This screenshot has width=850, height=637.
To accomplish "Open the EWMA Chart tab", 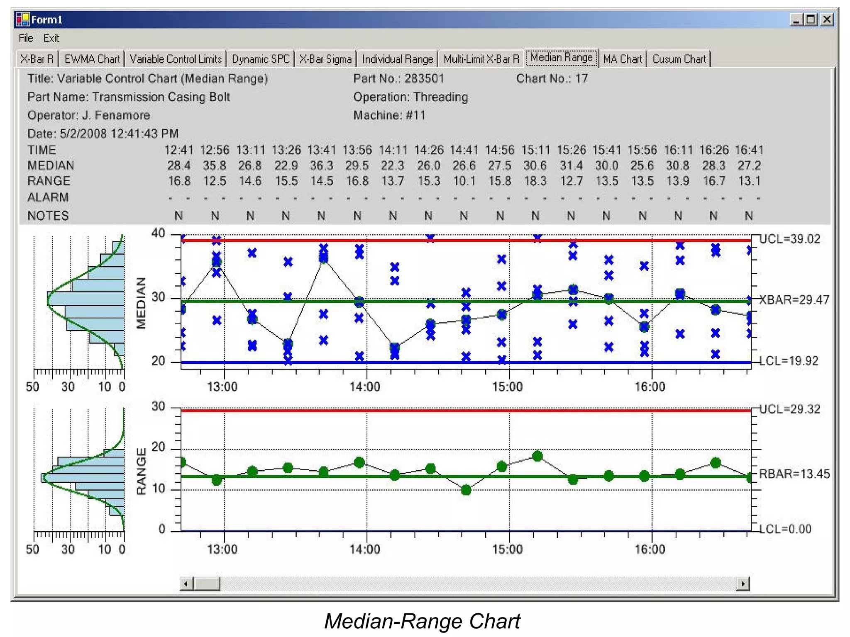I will (x=92, y=59).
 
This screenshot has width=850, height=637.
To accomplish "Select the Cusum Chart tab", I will (x=679, y=59).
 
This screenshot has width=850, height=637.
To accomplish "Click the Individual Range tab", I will (x=397, y=59).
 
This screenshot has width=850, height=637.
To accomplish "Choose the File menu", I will (x=26, y=38).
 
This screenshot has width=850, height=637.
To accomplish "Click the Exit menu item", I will (x=51, y=38).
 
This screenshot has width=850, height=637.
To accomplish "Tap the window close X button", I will (x=827, y=19).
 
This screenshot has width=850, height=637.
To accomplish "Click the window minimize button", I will (x=796, y=19).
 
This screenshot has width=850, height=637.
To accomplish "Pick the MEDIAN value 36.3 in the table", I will (x=322, y=165).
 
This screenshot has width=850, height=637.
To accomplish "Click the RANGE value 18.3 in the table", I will (x=535, y=181).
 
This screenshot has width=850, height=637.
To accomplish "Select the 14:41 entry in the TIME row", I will (x=464, y=150).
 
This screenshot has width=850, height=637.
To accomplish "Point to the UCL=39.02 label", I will (x=790, y=239).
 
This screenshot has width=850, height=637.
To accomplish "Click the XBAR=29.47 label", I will (x=794, y=300).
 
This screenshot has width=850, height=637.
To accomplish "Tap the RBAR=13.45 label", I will (x=794, y=474).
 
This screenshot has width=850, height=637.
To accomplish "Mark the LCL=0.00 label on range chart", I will (x=785, y=529).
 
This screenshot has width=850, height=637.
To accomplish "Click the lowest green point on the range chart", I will (x=466, y=490).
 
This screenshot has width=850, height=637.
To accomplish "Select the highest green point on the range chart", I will (x=537, y=456).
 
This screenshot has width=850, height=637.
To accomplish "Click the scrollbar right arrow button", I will (x=743, y=584).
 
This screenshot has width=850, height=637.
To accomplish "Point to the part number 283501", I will (x=424, y=78).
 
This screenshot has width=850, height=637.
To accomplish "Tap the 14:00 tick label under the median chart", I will (x=365, y=387).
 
